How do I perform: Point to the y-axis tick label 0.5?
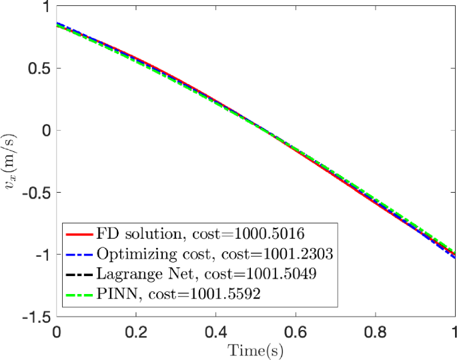pyautogui.click(x=39, y=69)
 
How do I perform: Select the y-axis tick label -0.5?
pyautogui.click(x=36, y=193)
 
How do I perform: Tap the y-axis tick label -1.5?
pyautogui.click(x=36, y=317)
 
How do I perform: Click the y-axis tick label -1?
pyautogui.click(x=43, y=255)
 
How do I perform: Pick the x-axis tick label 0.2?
pyautogui.click(x=136, y=331)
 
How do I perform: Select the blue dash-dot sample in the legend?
pyautogui.click(x=79, y=253)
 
